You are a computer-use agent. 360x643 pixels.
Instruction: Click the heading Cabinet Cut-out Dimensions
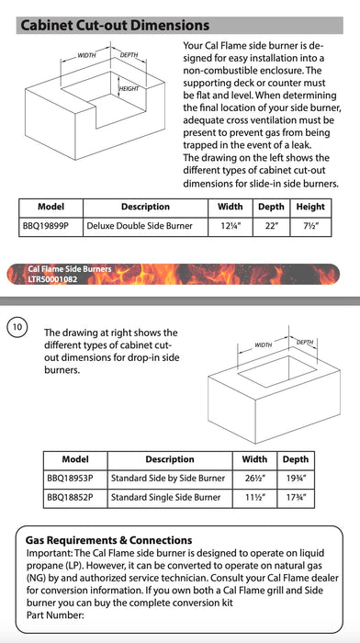point(115,26)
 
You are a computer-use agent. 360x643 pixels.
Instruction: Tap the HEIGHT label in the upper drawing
point(129,88)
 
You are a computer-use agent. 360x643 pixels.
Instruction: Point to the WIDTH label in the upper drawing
point(86,55)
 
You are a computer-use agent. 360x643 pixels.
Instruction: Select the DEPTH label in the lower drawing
point(305,342)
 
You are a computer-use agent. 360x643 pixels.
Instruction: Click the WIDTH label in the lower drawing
point(264,344)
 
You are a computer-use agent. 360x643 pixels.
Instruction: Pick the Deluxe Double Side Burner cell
point(140,226)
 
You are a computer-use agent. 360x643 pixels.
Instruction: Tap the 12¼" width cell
point(231,226)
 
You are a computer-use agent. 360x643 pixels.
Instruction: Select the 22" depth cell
point(272,226)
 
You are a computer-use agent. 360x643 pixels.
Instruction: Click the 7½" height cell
point(310,226)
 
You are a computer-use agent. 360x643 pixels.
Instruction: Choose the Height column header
point(310,207)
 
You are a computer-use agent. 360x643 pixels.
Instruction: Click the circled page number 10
point(17,327)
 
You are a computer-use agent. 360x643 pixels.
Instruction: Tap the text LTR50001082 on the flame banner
point(52,280)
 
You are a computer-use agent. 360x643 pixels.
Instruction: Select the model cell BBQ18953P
point(70,479)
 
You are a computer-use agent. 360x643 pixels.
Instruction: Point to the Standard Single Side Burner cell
point(165,498)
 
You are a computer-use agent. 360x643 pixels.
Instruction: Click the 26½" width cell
point(254,479)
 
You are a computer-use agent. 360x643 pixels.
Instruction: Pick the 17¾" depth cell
point(295,498)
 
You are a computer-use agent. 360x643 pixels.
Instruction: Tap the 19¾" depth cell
point(295,479)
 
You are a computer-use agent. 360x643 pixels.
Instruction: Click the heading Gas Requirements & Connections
point(108,540)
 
